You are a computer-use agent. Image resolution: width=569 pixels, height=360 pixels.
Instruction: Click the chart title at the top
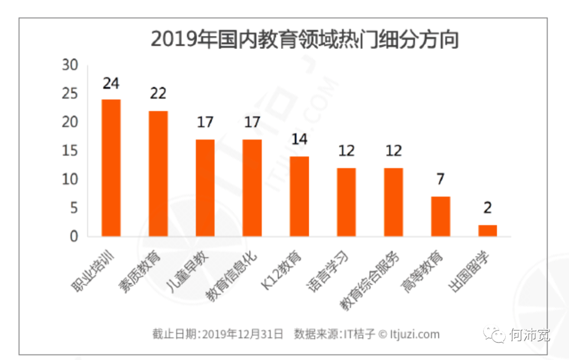[x=304, y=40]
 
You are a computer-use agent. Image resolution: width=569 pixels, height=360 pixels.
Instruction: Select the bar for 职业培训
[x=111, y=168]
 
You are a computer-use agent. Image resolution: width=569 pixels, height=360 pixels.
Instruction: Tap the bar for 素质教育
[x=158, y=173]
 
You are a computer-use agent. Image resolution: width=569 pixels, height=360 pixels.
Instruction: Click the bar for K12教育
[x=299, y=196]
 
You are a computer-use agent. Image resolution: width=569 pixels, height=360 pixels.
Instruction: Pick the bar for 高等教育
[x=440, y=216]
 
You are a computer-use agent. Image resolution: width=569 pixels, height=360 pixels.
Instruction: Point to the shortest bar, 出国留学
[x=487, y=230]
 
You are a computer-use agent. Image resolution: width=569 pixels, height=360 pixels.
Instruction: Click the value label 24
[x=111, y=83]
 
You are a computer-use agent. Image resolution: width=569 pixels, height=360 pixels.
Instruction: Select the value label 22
[x=158, y=94]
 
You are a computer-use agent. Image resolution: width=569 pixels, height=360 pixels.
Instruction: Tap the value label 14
[x=299, y=140]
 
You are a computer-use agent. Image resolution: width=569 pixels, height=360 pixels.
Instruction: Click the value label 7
[x=440, y=179]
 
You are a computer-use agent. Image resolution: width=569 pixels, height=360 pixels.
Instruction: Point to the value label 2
[x=487, y=208]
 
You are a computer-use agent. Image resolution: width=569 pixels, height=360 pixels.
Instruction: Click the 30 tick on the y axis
[x=70, y=65]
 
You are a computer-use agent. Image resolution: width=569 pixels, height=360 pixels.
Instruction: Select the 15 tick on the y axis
[x=70, y=151]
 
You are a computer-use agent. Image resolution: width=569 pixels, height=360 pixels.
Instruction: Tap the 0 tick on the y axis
[x=74, y=237]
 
